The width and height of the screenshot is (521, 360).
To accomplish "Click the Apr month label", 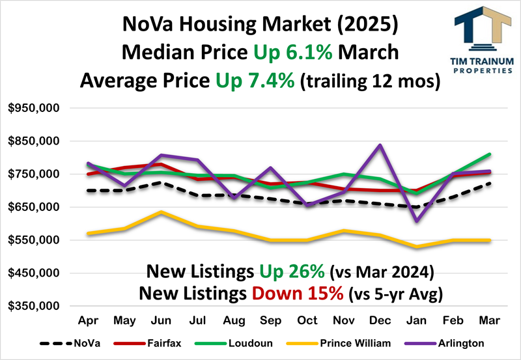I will [87, 321].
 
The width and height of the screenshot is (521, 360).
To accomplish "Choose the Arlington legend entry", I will [455, 342].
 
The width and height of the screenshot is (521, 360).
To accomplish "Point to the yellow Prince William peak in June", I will [160, 212].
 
